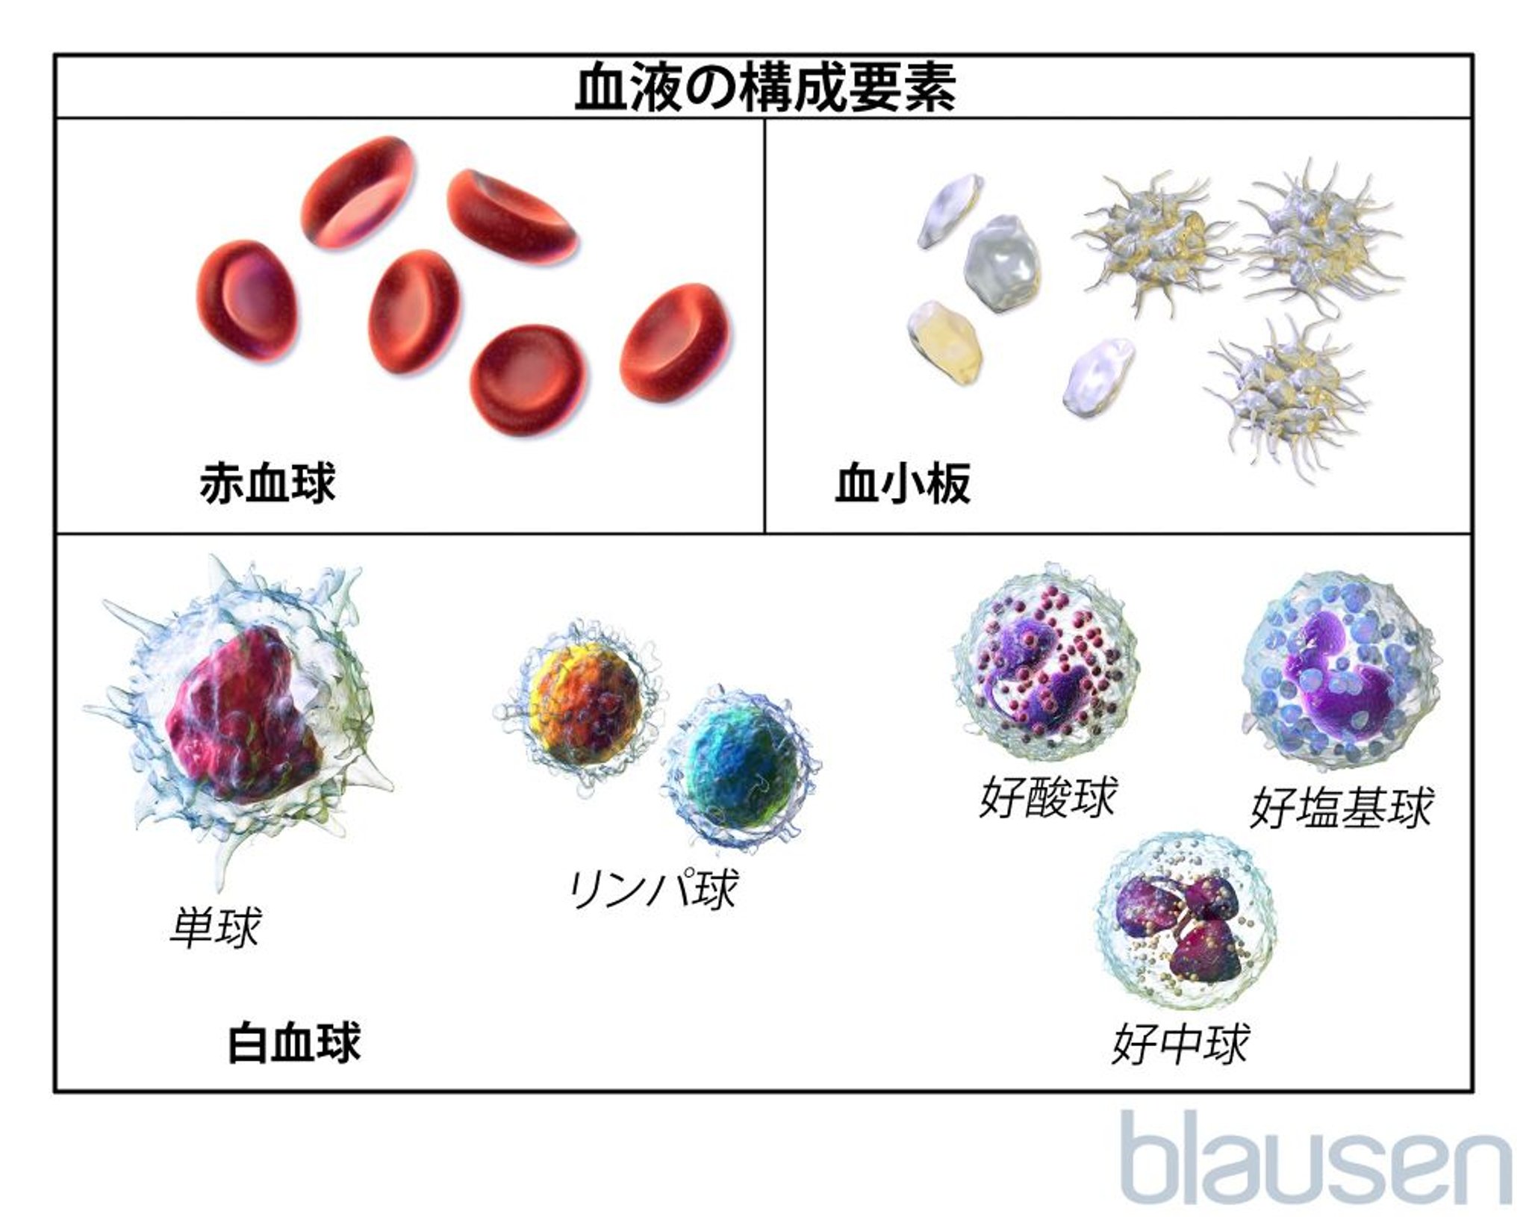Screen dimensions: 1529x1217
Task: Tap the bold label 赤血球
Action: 267,483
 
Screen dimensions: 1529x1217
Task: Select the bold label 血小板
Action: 903,483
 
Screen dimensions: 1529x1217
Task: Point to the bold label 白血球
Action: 294,1042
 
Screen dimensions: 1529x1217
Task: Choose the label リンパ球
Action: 653,888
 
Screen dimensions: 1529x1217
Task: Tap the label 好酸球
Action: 1047,797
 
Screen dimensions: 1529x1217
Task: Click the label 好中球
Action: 1180,1043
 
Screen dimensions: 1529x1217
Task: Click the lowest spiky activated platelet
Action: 1286,392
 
